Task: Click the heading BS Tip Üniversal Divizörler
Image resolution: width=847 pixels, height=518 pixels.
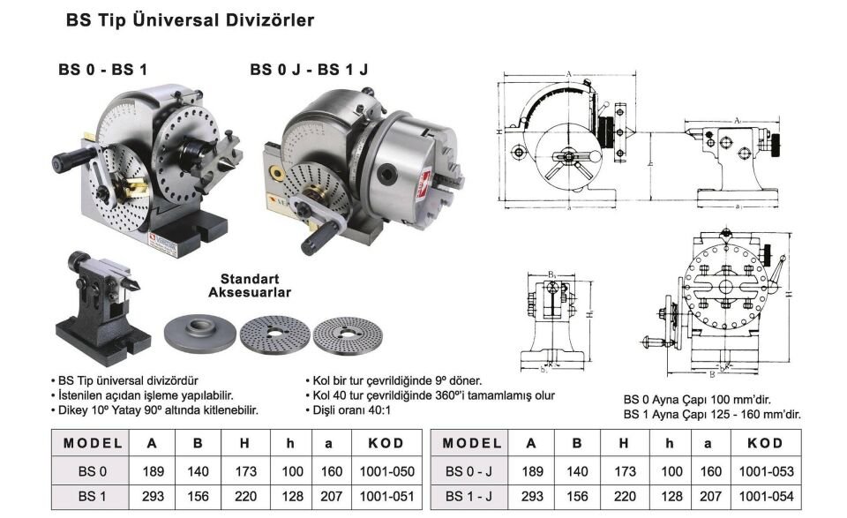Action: [191, 19]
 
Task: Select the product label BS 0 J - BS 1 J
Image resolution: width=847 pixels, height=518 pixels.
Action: [308, 69]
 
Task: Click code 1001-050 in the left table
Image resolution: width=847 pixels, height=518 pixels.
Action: [385, 471]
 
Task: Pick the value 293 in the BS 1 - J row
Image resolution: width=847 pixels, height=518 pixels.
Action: [530, 497]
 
